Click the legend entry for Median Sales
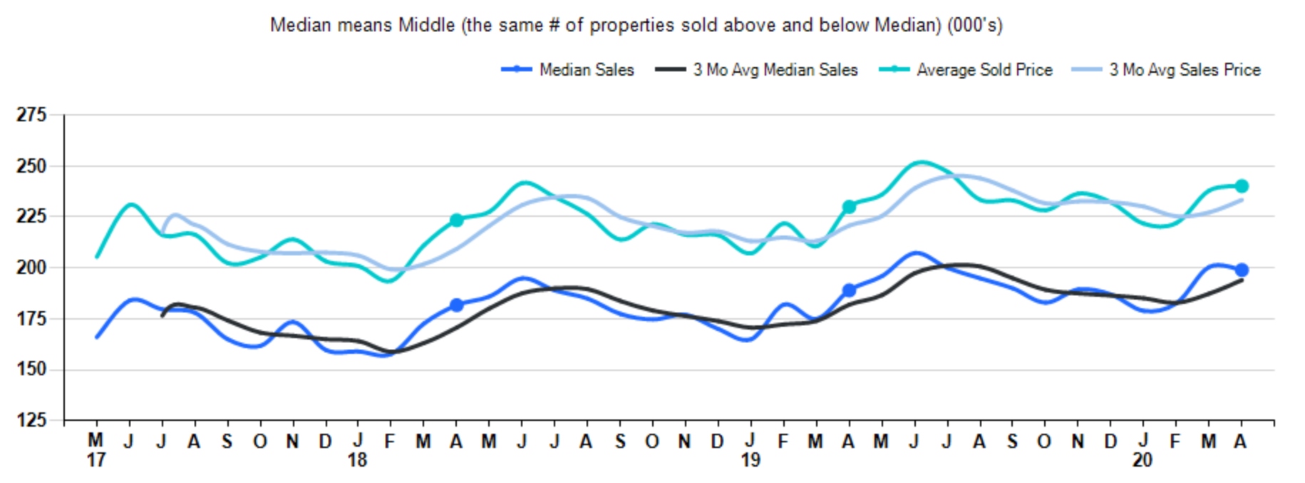[586, 70]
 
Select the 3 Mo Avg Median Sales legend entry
[775, 70]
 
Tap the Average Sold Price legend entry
[984, 70]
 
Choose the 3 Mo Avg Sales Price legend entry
[1184, 70]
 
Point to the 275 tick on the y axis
[31, 115]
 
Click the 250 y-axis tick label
[31, 166]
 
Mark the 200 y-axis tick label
[31, 268]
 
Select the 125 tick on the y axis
[31, 420]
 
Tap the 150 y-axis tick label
[31, 370]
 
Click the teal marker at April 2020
[1242, 186]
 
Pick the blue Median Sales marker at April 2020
[1242, 270]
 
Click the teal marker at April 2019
[849, 207]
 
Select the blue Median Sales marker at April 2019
[849, 290]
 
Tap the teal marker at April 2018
[457, 220]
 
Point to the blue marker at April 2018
[457, 305]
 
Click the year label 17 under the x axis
[96, 460]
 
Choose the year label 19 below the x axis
[750, 460]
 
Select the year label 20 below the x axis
[1142, 460]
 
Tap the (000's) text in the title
[974, 26]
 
